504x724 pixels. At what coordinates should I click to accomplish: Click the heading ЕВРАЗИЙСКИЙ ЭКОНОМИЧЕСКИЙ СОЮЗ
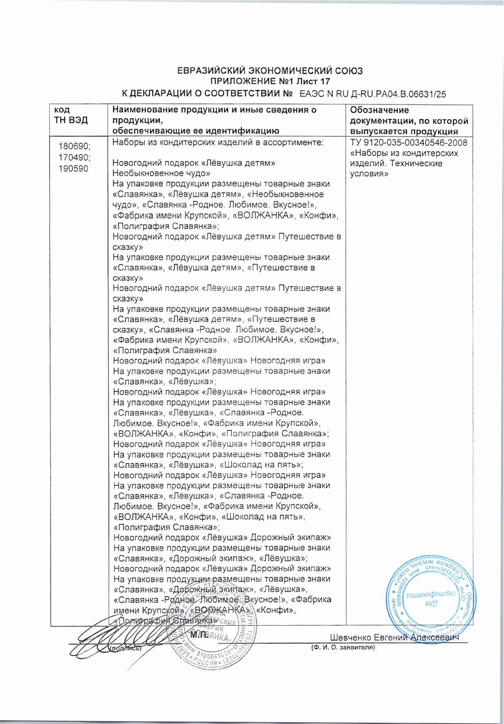pyautogui.click(x=270, y=70)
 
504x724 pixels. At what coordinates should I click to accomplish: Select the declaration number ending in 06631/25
pyautogui.click(x=372, y=94)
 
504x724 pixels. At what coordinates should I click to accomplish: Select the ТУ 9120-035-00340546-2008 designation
pyautogui.click(x=408, y=143)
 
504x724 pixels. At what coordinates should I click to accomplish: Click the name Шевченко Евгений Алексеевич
pyautogui.click(x=394, y=637)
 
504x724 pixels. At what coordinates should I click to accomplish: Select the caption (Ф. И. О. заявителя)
pyautogui.click(x=343, y=648)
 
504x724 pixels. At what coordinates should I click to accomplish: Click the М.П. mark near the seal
pyautogui.click(x=199, y=635)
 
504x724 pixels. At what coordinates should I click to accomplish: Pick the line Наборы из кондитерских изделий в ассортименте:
pyautogui.click(x=218, y=143)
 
